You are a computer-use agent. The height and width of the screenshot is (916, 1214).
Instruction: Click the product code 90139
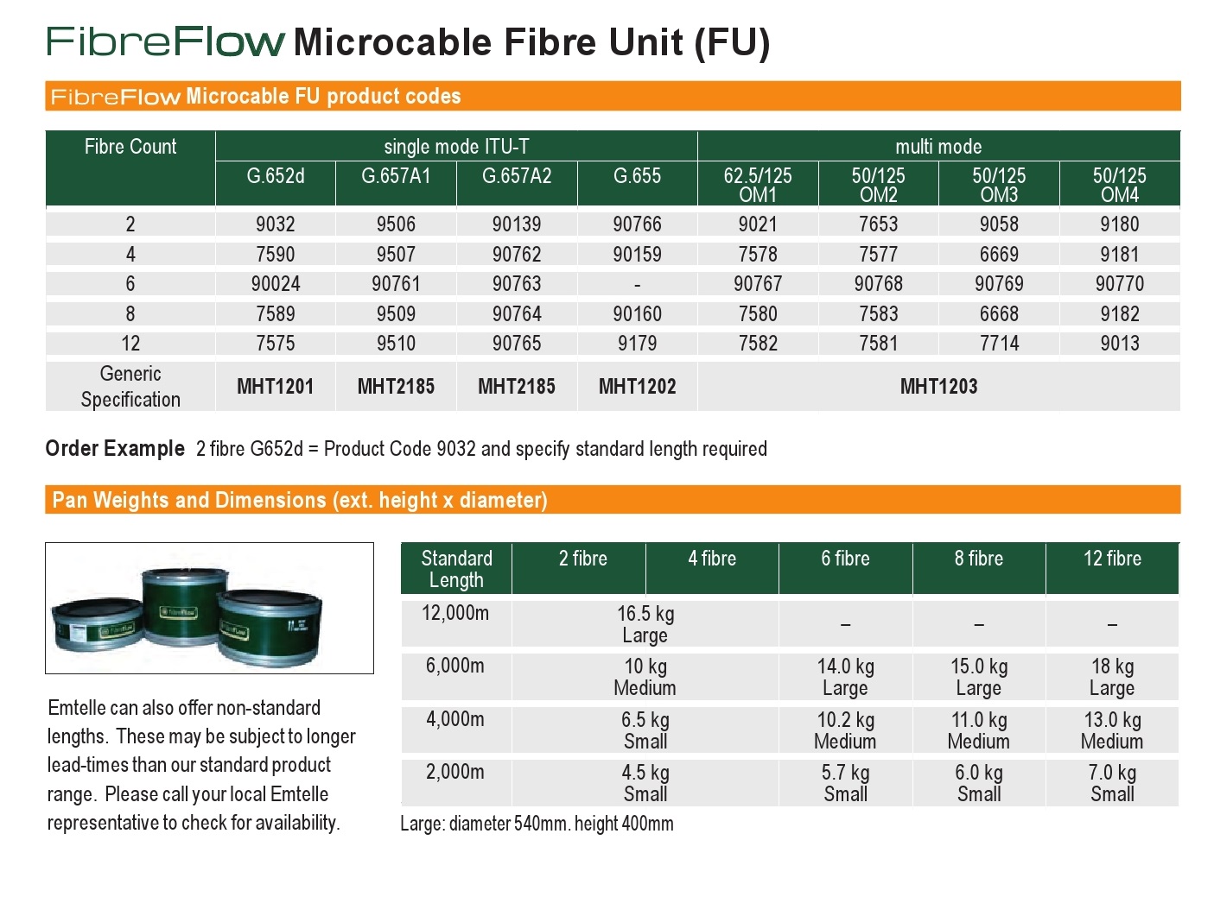(x=516, y=224)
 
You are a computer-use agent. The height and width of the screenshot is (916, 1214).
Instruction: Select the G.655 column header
(x=637, y=176)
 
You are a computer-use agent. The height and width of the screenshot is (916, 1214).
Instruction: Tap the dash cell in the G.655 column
(x=637, y=285)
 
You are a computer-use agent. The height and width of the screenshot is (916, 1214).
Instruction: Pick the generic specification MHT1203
(x=938, y=386)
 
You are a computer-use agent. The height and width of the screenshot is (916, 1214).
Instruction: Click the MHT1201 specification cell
(x=275, y=386)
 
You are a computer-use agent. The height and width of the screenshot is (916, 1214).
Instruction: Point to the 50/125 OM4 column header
(x=1119, y=185)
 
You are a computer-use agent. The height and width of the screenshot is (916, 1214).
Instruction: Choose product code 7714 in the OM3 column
(x=999, y=344)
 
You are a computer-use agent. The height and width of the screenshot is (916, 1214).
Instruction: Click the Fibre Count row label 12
(x=130, y=344)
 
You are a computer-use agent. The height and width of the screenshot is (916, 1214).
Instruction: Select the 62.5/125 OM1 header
(x=757, y=185)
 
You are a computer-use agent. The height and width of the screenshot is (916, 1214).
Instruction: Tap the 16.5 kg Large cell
(x=645, y=623)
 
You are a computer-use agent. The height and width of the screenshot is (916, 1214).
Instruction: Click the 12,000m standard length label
(x=455, y=613)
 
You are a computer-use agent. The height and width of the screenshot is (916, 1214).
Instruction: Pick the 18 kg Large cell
(x=1112, y=677)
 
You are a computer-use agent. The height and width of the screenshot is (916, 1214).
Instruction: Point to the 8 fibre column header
(x=978, y=558)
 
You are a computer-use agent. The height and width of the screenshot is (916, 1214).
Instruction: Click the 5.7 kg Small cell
(x=844, y=783)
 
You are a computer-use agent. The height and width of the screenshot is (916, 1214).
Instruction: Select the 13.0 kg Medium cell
(x=1112, y=730)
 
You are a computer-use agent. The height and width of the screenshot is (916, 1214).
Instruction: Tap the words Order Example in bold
(x=115, y=448)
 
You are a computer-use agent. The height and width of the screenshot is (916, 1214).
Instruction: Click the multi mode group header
(x=938, y=147)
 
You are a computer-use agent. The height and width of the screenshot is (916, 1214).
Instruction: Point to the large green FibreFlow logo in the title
(x=165, y=41)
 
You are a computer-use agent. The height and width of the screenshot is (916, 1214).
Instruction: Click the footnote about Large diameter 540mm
(x=537, y=824)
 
